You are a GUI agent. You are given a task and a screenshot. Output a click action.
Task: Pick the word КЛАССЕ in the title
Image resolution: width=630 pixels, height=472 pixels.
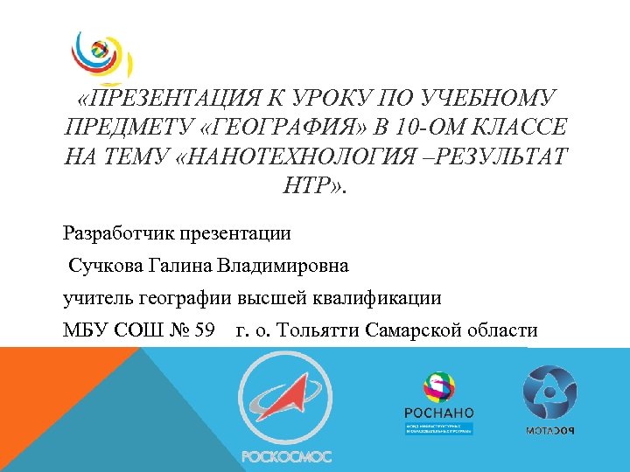pyautogui.click(x=518, y=128)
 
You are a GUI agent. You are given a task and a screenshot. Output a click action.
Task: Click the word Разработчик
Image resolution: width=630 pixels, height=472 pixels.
pyautogui.click(x=118, y=233)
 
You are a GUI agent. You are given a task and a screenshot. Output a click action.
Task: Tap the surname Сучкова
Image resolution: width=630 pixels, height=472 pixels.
pyautogui.click(x=103, y=265)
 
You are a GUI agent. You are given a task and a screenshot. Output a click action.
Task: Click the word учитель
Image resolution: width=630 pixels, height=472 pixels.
pyautogui.click(x=97, y=297)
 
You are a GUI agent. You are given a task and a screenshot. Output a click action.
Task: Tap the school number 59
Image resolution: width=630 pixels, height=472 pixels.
pyautogui.click(x=202, y=330)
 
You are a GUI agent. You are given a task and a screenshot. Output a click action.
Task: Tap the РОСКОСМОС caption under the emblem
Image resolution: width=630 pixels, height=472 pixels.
pyautogui.click(x=286, y=455)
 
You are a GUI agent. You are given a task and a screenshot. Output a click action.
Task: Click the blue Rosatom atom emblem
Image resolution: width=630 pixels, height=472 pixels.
pyautogui.click(x=549, y=392)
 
